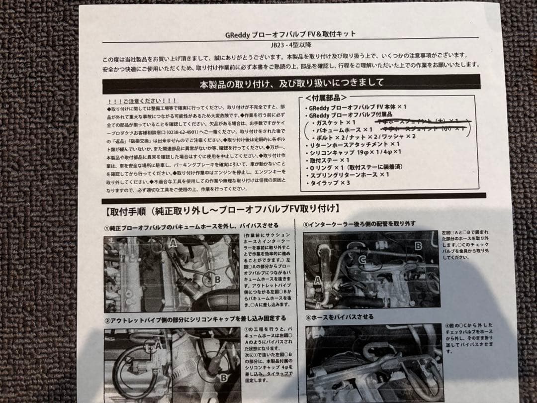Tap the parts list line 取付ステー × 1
[330, 160]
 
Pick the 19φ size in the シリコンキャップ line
[364, 152]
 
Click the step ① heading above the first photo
[191, 226]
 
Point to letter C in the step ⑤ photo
[362, 259]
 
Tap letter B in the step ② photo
[224, 377]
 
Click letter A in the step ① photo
[173, 243]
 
